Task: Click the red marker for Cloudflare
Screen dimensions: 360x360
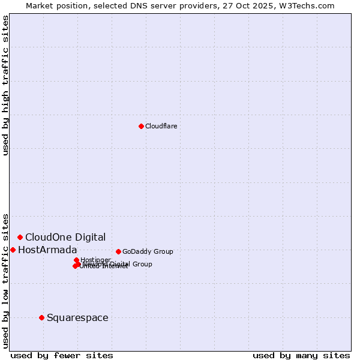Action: [x=141, y=126]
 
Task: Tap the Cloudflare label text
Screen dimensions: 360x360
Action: [x=161, y=126]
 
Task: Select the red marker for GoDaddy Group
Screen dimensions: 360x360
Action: [x=118, y=251]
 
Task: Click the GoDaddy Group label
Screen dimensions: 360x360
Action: [x=148, y=251]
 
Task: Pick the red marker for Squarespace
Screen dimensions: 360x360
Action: [x=41, y=317]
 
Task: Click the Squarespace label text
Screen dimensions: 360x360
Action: [x=77, y=317]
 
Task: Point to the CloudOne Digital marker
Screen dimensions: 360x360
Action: [x=20, y=237]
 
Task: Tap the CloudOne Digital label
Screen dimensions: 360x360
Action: [x=65, y=237]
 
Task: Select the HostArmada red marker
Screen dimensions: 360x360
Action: [x=13, y=250]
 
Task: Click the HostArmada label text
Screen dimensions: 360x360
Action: [x=47, y=250]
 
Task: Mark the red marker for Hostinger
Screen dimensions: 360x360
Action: [x=76, y=260]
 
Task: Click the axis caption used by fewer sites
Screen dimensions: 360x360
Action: [x=62, y=355]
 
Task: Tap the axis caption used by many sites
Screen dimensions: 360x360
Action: [x=301, y=355]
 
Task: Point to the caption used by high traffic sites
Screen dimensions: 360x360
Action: [x=5, y=85]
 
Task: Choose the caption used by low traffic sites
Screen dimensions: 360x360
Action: [x=5, y=280]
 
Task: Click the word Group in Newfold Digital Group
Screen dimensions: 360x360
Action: [x=142, y=264]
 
